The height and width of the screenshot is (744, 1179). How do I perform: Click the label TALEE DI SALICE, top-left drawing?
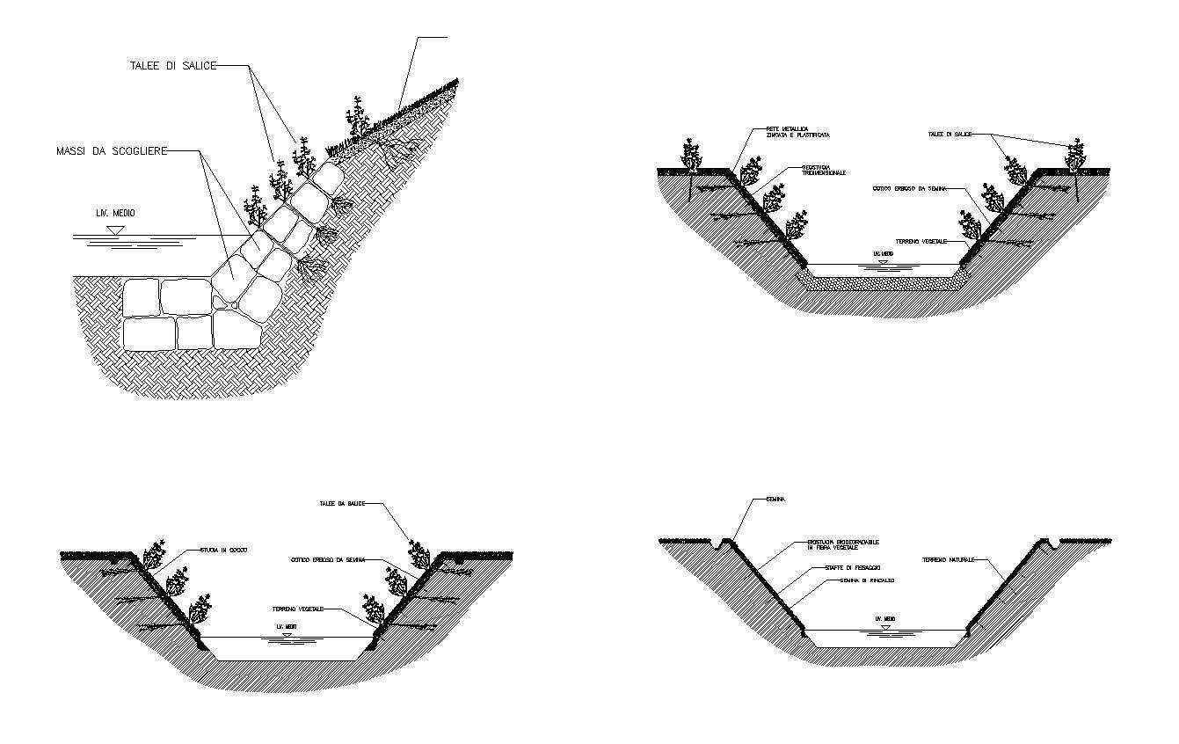point(172,66)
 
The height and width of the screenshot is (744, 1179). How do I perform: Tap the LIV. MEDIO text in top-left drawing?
point(116,214)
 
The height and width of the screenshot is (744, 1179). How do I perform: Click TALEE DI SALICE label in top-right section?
point(950,134)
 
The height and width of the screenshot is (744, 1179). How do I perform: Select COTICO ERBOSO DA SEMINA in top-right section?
point(916,188)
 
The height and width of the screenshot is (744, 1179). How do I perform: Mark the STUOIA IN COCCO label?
point(224,550)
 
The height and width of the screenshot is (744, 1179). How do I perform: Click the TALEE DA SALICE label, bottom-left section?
point(342,504)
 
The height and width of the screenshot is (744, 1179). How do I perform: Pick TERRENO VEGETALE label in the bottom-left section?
point(299,609)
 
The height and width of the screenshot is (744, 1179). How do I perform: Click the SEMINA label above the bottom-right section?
point(775,500)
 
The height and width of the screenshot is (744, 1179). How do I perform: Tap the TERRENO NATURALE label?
point(949,559)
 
